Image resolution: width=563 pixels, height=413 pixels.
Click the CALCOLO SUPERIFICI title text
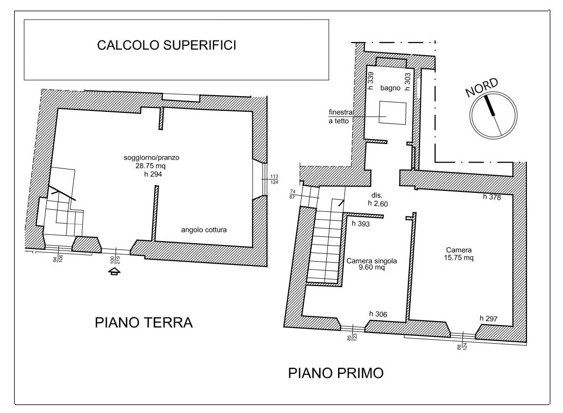coord(167,45)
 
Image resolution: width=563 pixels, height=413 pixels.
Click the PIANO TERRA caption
coord(144,323)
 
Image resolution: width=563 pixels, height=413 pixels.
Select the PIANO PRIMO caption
coord(336,374)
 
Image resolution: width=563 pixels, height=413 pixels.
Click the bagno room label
coord(391,88)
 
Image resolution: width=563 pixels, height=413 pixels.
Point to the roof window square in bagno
coord(393,113)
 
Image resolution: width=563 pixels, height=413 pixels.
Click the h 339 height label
coord(370,79)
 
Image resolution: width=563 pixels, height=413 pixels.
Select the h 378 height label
coord(492,197)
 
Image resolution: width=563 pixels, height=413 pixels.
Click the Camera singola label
coord(371,261)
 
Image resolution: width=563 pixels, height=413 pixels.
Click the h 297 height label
coord(488,318)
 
